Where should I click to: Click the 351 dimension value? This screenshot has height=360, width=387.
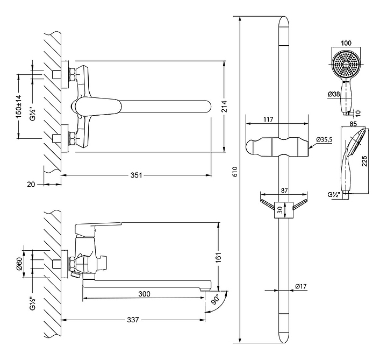click(136, 175)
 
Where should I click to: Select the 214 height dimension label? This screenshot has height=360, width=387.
click(225, 106)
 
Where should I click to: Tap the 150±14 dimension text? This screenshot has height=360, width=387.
click(19, 107)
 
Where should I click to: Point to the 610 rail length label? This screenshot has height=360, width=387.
click(235, 172)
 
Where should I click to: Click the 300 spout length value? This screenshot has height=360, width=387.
click(144, 294)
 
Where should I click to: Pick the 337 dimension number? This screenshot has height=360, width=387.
click(133, 320)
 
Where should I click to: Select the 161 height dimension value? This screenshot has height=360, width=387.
click(218, 257)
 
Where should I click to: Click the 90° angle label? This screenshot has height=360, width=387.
click(216, 299)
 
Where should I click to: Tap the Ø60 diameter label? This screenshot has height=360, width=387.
click(19, 264)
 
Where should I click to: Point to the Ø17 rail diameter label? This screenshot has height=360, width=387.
click(301, 286)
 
